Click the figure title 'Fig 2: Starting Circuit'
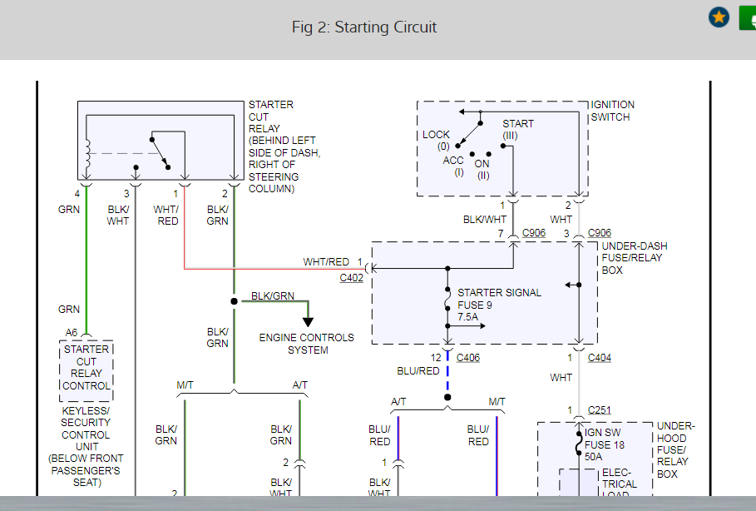click(x=363, y=27)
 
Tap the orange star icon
click(x=719, y=17)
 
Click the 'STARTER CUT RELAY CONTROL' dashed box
click(x=86, y=368)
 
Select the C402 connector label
click(x=352, y=278)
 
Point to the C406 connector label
click(x=468, y=358)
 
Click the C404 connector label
click(x=600, y=358)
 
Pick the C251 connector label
click(x=600, y=410)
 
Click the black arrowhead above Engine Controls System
click(x=308, y=321)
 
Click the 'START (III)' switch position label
click(x=517, y=130)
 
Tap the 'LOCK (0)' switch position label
click(x=437, y=140)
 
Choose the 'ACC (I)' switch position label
click(x=453, y=166)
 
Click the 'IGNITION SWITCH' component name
click(x=612, y=111)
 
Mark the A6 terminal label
click(x=72, y=333)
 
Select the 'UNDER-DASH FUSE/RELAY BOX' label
click(x=634, y=258)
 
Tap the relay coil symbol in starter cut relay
click(x=86, y=154)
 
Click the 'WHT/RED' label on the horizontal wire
click(x=326, y=262)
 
